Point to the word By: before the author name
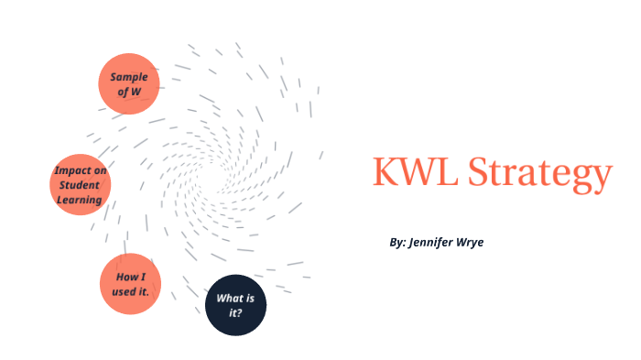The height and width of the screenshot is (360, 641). (397, 243)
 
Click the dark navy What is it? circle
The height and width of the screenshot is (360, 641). (234, 305)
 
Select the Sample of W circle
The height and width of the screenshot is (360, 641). (129, 84)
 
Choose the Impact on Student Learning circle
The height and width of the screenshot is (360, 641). (80, 185)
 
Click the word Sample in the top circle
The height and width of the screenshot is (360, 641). (129, 77)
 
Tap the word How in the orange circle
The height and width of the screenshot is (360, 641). (125, 277)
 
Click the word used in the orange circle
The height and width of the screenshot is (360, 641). (124, 292)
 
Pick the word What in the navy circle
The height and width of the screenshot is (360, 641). (229, 299)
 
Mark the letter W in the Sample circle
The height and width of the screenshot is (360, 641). (136, 92)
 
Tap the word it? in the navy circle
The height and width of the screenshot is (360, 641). (234, 313)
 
